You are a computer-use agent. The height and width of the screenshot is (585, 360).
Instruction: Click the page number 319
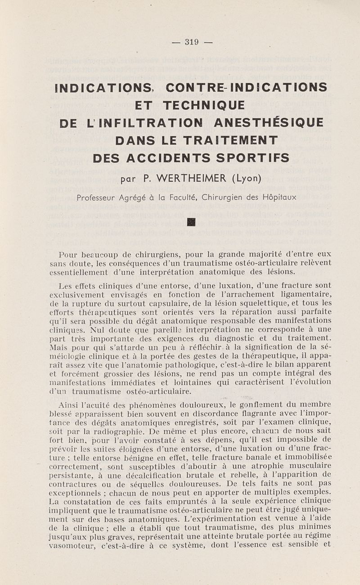tap(192, 43)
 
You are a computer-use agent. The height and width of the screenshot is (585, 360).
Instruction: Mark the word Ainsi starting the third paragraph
tap(68, 404)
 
